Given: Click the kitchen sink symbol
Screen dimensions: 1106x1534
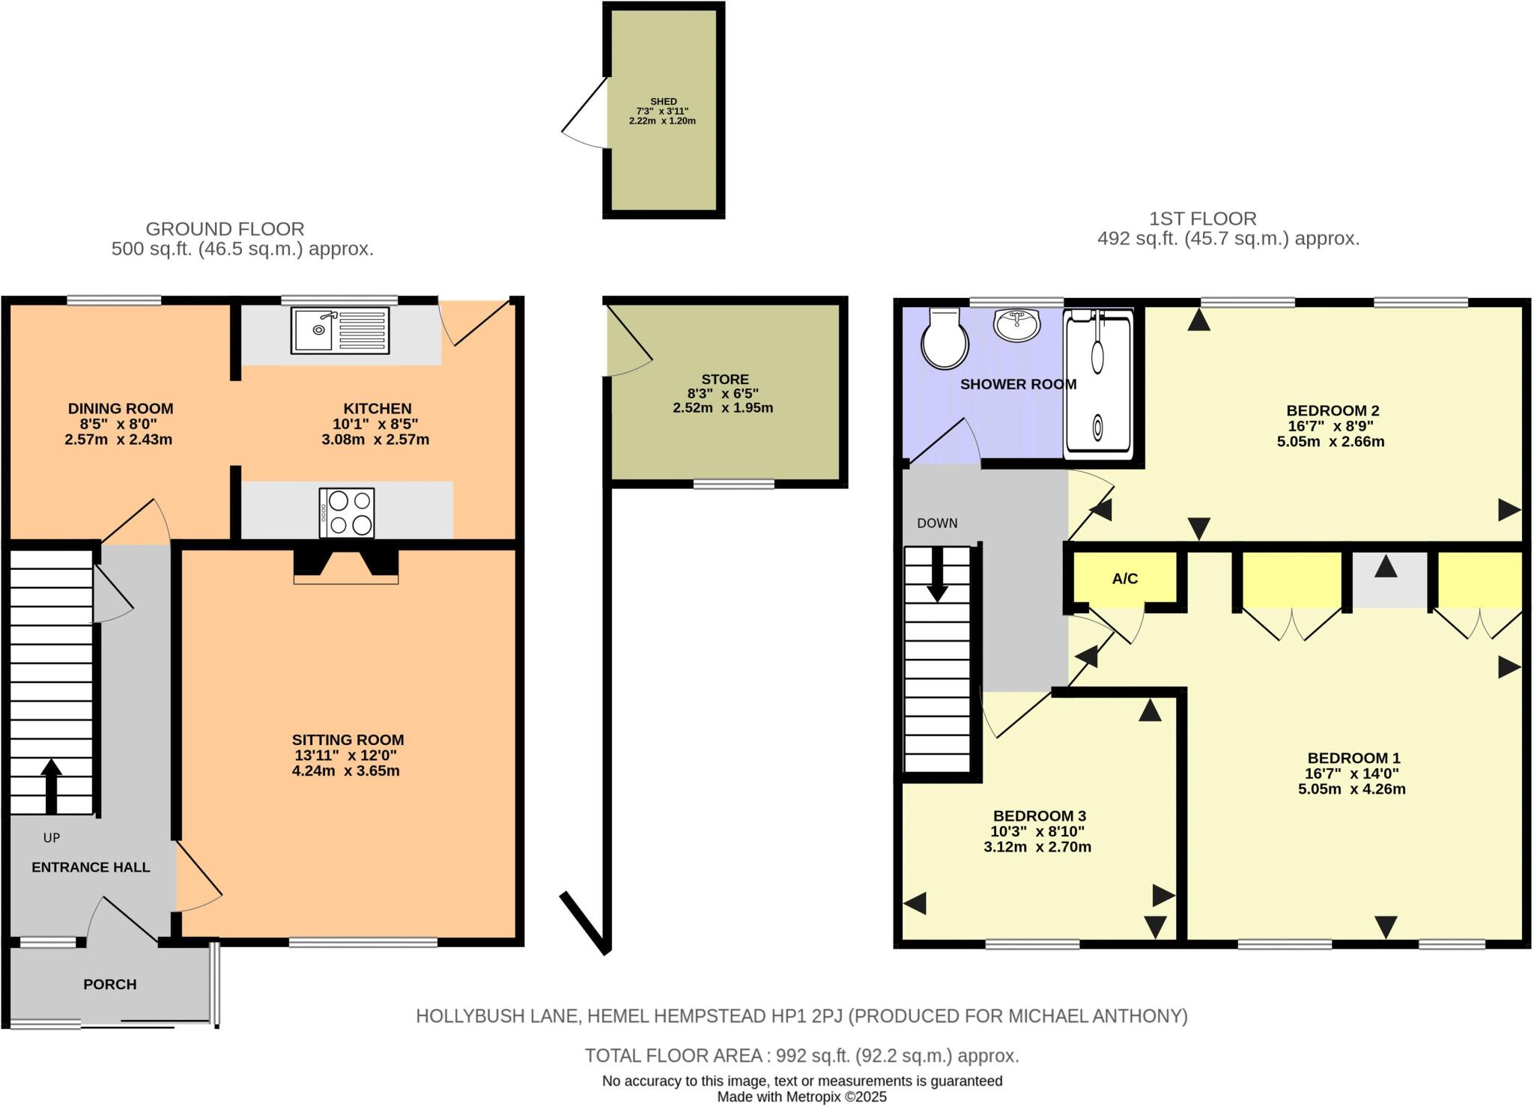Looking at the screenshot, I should pyautogui.click(x=341, y=330).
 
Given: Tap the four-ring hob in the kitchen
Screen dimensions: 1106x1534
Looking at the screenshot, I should pyautogui.click(x=347, y=513).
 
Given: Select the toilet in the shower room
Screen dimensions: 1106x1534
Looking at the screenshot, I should pyautogui.click(x=945, y=340).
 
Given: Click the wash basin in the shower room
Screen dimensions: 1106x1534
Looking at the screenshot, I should pyautogui.click(x=1016, y=324).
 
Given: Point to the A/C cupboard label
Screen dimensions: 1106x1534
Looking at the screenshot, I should pyautogui.click(x=1124, y=579).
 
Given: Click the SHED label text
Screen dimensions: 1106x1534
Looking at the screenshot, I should pyautogui.click(x=663, y=102).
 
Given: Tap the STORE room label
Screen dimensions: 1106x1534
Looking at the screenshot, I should pyautogui.click(x=724, y=380).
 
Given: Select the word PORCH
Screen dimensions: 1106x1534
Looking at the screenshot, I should pyautogui.click(x=110, y=984).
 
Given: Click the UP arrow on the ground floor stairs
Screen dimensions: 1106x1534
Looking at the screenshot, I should pyautogui.click(x=51, y=786).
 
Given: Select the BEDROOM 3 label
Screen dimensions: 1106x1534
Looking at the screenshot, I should pyautogui.click(x=1039, y=815).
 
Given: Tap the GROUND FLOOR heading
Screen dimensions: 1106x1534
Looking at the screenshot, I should pyautogui.click(x=225, y=228).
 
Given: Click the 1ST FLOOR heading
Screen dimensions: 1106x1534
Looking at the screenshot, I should pyautogui.click(x=1203, y=219).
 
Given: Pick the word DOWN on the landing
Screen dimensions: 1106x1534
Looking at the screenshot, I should pyautogui.click(x=937, y=523).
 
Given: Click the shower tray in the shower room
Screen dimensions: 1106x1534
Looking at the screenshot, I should pyautogui.click(x=1098, y=383).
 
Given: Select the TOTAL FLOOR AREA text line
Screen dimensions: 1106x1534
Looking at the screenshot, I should pyautogui.click(x=801, y=1056).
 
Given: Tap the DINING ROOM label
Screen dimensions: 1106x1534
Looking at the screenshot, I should pyautogui.click(x=121, y=409).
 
